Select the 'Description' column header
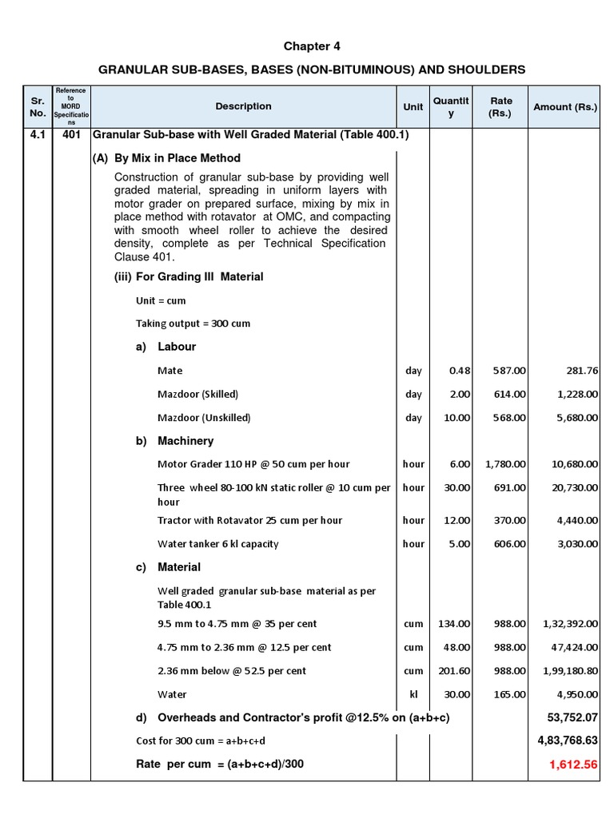click(x=243, y=106)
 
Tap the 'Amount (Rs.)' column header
click(x=565, y=107)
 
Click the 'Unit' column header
click(x=413, y=107)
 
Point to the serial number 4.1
click(x=38, y=135)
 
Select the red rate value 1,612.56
click(x=572, y=764)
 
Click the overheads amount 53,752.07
click(x=570, y=717)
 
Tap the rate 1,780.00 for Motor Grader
click(x=505, y=464)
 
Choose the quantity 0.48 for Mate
click(x=460, y=371)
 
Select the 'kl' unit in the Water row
click(x=413, y=694)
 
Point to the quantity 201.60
click(x=453, y=671)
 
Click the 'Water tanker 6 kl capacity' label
click(x=218, y=544)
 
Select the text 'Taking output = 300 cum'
click(x=193, y=324)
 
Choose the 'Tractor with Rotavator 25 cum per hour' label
click(x=250, y=520)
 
